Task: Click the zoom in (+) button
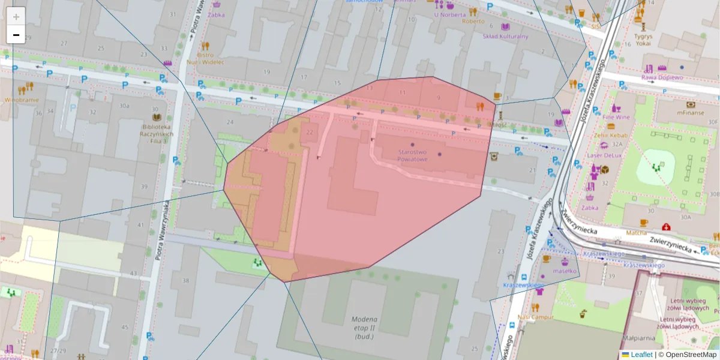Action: (16, 17)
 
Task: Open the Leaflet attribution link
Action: (641, 355)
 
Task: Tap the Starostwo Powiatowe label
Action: (412, 155)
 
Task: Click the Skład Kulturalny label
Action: (505, 36)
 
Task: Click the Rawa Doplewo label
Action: (662, 77)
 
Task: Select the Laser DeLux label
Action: (604, 155)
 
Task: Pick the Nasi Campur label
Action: (535, 316)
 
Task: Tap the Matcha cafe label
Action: (637, 232)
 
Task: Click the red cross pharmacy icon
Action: (665, 227)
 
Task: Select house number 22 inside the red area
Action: (310, 132)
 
